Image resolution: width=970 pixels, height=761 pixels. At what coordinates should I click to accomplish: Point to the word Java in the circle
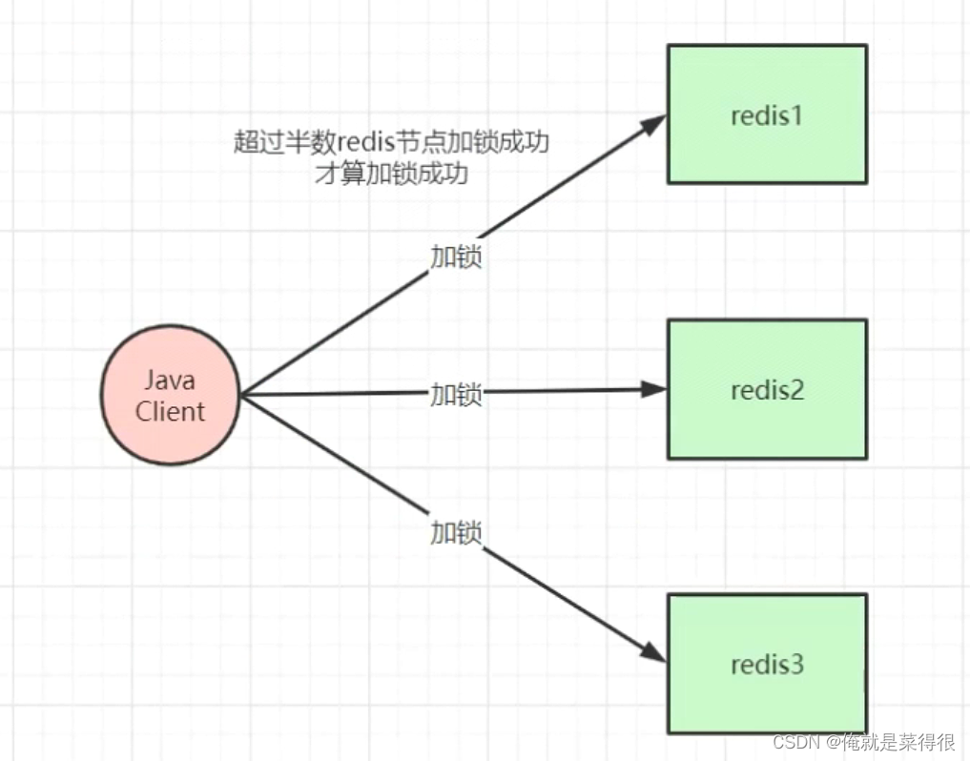point(170,380)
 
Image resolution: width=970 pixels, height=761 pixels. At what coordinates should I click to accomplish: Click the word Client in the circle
point(170,411)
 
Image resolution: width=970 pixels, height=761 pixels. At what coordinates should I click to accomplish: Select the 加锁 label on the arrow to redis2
point(456,394)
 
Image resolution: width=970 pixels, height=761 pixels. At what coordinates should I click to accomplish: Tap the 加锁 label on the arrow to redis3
point(456,532)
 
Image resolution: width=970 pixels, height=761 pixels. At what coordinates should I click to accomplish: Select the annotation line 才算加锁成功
point(391,174)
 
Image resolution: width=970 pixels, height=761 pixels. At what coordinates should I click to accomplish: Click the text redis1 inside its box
point(767,116)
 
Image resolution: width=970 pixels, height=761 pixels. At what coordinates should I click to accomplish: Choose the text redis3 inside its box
point(767,665)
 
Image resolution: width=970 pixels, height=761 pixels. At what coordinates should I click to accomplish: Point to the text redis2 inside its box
point(767,390)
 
